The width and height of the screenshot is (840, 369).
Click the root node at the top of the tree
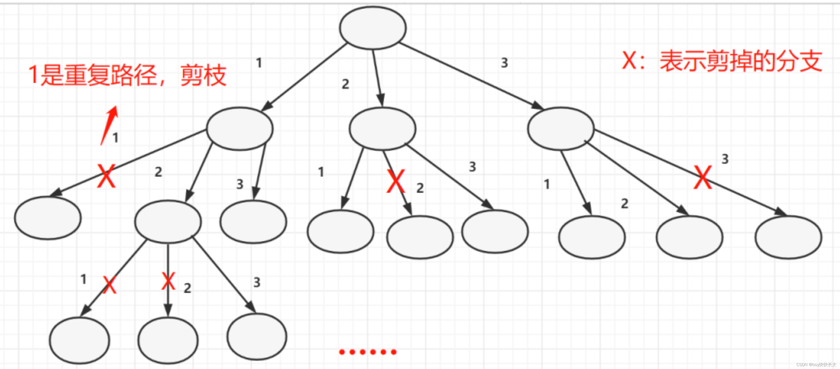tap(373, 28)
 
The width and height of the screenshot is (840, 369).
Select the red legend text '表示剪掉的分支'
tap(740, 61)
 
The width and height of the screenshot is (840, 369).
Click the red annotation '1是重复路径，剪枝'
tap(127, 75)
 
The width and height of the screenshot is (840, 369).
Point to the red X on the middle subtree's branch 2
tap(395, 181)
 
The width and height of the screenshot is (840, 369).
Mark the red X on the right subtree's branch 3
tap(702, 177)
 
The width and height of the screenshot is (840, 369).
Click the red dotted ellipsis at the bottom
tap(368, 352)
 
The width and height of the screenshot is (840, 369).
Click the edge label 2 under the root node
tap(345, 84)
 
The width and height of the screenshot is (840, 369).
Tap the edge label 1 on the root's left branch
tap(259, 63)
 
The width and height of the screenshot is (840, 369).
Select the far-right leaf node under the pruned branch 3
tap(788, 237)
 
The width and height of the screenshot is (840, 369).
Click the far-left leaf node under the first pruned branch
tap(48, 218)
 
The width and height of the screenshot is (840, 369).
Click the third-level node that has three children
tap(168, 222)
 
